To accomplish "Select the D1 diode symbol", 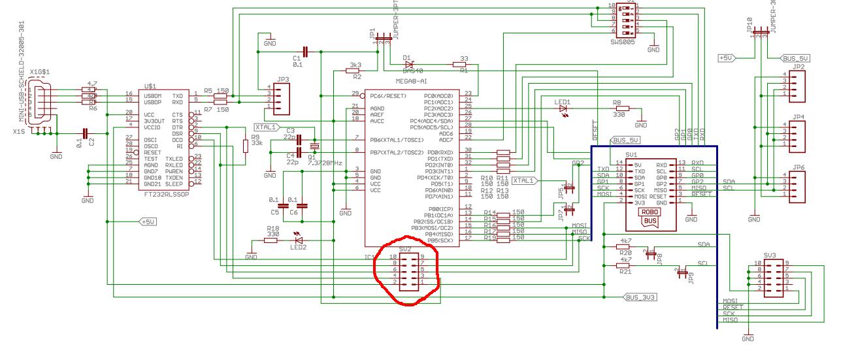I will [408, 64].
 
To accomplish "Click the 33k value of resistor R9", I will [256, 142].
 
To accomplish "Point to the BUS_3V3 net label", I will [640, 297].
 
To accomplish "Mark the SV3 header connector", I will [769, 278].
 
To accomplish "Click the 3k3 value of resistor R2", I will [356, 66].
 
